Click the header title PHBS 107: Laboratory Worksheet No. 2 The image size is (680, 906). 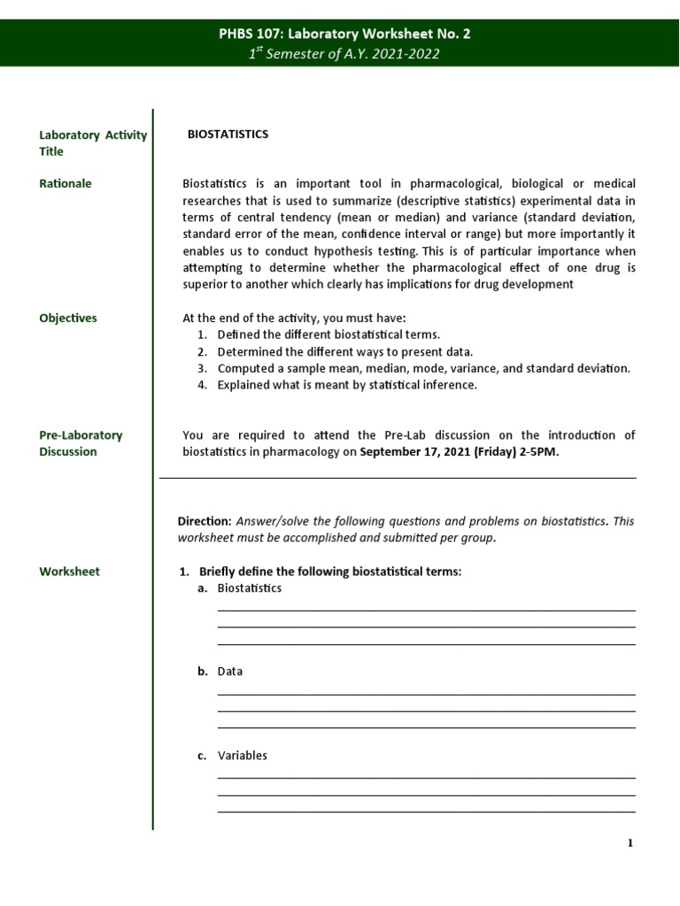344,35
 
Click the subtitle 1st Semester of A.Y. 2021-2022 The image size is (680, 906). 344,54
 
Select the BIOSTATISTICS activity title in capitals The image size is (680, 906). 228,134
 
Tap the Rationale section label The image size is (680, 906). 66,184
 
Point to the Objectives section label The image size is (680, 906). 68,319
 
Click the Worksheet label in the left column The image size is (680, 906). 69,572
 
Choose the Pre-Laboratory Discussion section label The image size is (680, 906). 81,443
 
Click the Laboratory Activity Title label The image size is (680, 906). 92,143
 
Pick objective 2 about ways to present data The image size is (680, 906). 335,352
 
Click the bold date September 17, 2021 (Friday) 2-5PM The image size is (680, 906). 459,452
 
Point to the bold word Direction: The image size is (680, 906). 205,521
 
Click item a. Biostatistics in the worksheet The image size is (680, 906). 249,588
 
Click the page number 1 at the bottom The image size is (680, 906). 630,843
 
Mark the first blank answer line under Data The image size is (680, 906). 426,695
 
